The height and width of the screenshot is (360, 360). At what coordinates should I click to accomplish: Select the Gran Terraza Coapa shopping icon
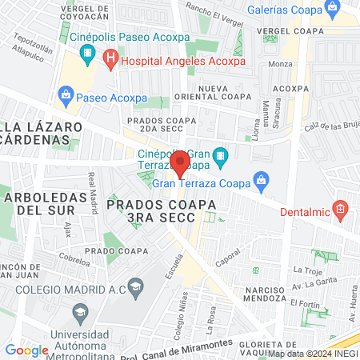click(259, 180)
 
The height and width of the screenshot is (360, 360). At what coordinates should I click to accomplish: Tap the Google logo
click(26, 350)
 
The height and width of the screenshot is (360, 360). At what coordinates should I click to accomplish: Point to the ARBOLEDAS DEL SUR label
click(39, 203)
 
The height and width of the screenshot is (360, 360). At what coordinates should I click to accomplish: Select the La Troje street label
click(307, 272)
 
